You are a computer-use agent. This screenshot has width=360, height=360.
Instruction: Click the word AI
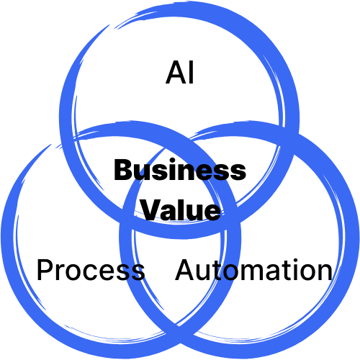point(179,72)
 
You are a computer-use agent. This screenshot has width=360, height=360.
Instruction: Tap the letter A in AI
point(176,72)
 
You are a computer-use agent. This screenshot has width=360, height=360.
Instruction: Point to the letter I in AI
point(192,72)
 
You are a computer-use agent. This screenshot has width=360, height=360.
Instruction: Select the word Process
point(91,269)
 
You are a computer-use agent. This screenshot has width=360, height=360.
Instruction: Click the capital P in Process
point(45,269)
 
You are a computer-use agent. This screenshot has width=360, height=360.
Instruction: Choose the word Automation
point(253,269)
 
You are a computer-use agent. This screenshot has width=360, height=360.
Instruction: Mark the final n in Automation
point(325,272)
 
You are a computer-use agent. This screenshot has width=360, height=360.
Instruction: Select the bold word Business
point(180,169)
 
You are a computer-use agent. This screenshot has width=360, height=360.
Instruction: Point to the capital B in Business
point(123,170)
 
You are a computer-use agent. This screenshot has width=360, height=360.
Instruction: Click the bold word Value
point(181,210)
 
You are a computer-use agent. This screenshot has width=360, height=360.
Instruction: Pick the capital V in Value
point(152,210)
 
